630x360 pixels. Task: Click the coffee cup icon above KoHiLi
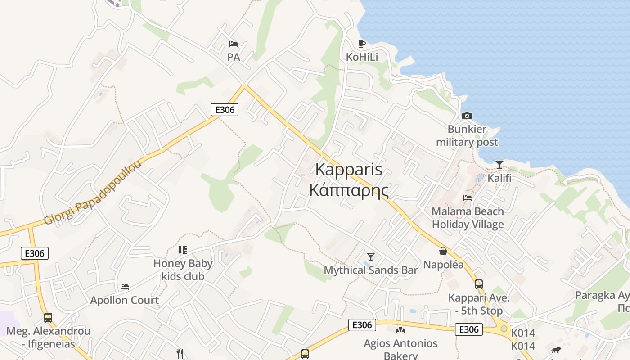click(x=361, y=44)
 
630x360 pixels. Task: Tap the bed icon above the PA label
click(x=233, y=44)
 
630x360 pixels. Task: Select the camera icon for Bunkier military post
click(x=467, y=116)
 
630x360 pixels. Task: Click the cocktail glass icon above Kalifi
click(x=499, y=164)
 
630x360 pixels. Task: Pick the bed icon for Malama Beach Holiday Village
click(x=468, y=198)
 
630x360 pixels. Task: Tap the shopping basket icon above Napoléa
click(x=443, y=251)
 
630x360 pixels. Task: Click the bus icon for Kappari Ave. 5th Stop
click(x=478, y=284)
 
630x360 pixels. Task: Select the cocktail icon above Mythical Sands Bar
click(x=370, y=256)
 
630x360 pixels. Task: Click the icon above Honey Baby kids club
click(x=182, y=250)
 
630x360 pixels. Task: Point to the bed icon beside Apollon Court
click(x=125, y=286)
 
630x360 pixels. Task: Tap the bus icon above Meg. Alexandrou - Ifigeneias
click(x=48, y=317)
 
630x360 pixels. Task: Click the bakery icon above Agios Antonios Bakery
click(x=400, y=330)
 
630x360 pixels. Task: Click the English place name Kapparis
click(x=349, y=170)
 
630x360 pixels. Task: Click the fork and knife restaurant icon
click(x=180, y=354)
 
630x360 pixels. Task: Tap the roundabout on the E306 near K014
click(x=504, y=329)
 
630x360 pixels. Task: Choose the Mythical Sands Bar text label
click(x=370, y=270)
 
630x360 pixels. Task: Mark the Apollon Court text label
click(x=125, y=300)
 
